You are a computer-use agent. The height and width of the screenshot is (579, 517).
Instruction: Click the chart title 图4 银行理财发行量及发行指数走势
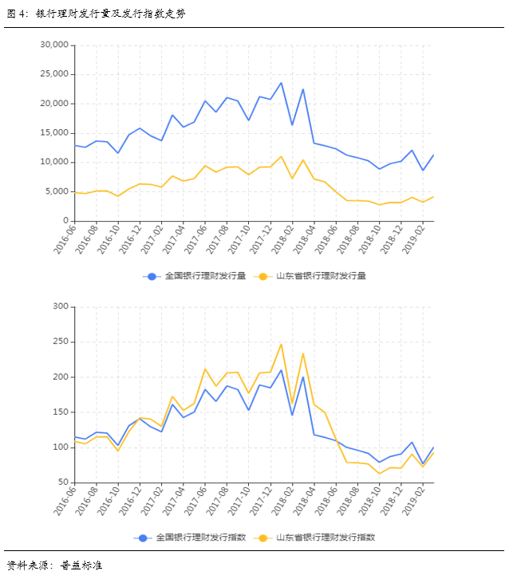[96, 14]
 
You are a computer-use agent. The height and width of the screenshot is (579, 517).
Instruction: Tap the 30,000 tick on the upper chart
[54, 45]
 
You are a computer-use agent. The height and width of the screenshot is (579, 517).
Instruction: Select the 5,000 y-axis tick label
[57, 191]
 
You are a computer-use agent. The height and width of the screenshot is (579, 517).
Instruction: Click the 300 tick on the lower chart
[59, 306]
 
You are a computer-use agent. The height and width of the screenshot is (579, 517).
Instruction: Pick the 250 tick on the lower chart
[59, 341]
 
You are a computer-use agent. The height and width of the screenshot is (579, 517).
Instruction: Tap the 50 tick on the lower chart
[61, 482]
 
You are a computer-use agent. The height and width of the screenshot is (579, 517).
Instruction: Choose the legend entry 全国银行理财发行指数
[195, 538]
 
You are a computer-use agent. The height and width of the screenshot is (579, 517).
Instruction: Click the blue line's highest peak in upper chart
[281, 83]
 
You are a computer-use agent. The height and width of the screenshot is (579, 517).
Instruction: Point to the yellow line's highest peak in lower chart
[281, 344]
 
